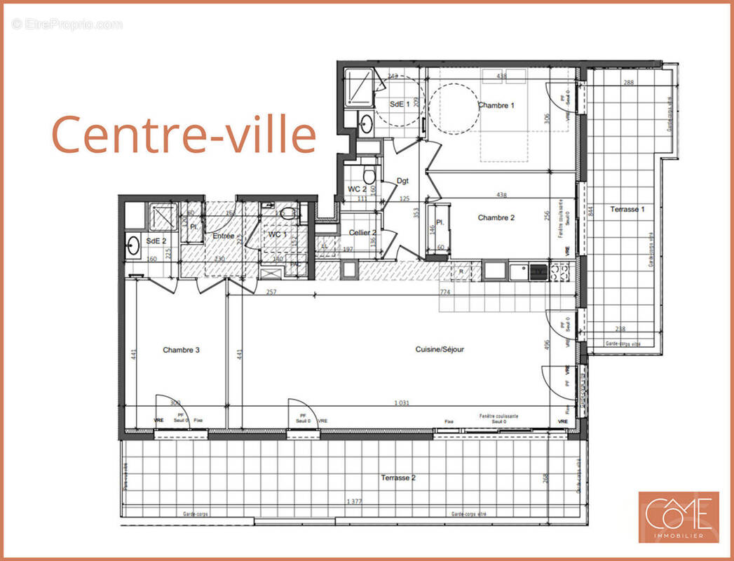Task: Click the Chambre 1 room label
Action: (x=496, y=106)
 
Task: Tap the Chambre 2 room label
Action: (x=496, y=218)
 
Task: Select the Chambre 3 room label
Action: (x=182, y=350)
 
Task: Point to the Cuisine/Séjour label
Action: (x=440, y=349)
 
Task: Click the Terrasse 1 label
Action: (x=627, y=209)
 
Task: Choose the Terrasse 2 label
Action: (x=398, y=478)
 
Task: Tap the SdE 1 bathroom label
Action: (x=400, y=104)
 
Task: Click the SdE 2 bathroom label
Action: (x=156, y=241)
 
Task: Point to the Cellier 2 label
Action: (x=363, y=233)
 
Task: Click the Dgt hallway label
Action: (x=402, y=181)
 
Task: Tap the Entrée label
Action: (x=223, y=236)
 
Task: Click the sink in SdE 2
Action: (x=133, y=245)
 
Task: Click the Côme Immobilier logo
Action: (x=678, y=517)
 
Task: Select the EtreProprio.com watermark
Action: (x=67, y=25)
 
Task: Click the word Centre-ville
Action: (x=184, y=135)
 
